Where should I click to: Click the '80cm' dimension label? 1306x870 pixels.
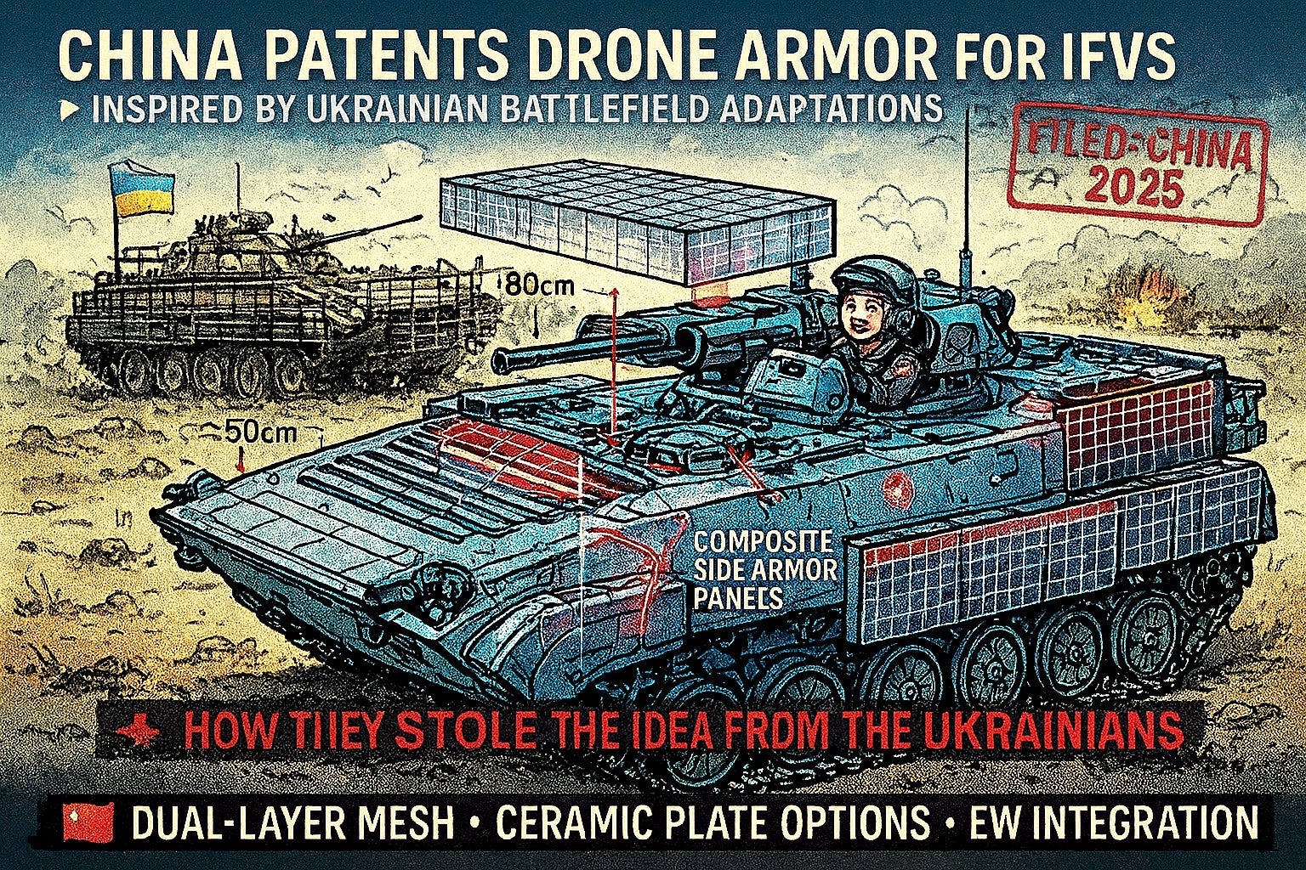[541, 285]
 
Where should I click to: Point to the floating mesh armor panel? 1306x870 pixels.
[634, 228]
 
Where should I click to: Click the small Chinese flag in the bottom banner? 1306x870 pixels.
[88, 823]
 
